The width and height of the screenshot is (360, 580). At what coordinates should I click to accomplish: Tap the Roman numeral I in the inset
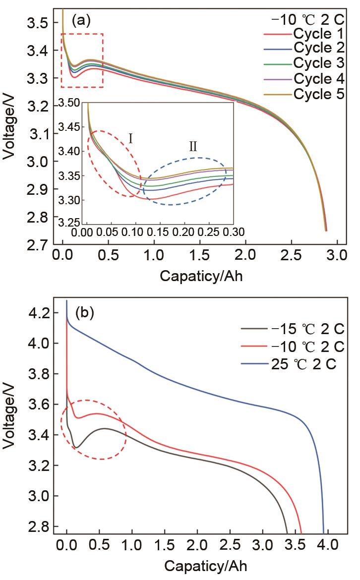click(x=130, y=138)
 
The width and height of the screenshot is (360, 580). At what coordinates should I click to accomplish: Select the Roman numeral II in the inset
click(x=193, y=146)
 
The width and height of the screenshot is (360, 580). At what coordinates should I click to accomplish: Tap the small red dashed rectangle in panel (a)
click(x=82, y=60)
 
